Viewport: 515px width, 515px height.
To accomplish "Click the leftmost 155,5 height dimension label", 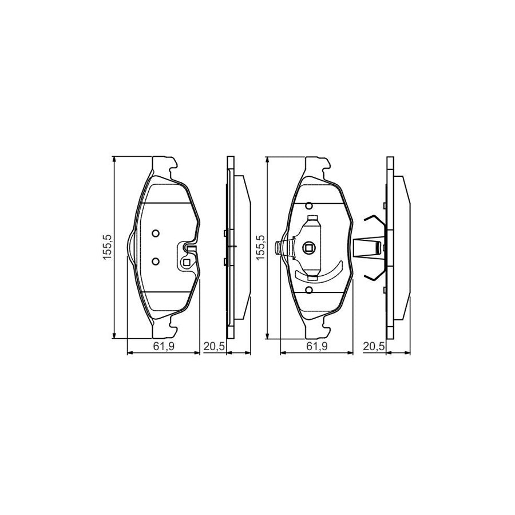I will (106, 247).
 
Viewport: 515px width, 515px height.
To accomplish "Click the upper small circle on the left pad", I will (155, 233).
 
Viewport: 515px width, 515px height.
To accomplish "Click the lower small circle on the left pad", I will (155, 260).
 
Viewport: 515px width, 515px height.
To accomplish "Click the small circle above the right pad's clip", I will (309, 205).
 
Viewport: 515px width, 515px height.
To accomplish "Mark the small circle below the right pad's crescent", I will (309, 290).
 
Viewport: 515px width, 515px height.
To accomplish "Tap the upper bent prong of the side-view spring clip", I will (374, 220).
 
